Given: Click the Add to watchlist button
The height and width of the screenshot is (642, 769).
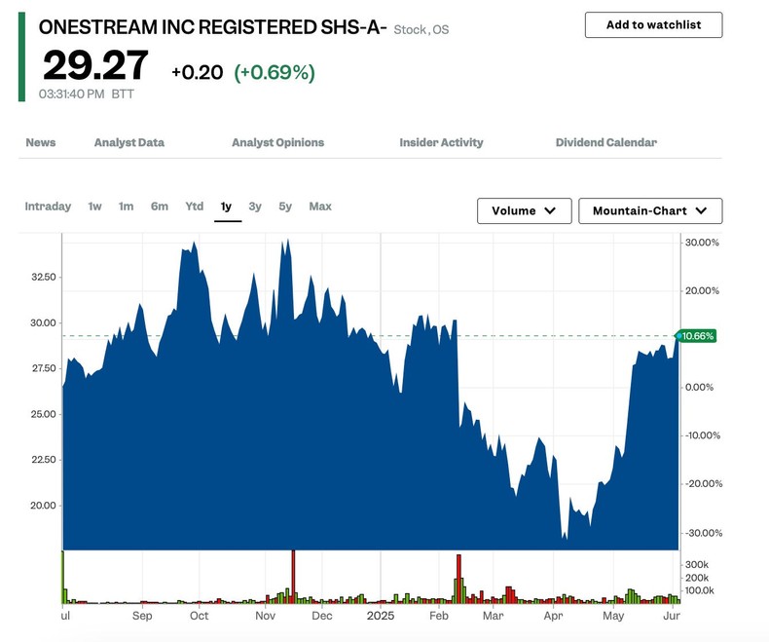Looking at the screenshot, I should coord(653,24).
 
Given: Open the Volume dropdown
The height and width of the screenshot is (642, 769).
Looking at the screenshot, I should coord(524,210).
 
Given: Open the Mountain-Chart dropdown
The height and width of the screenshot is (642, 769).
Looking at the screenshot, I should coord(650,210).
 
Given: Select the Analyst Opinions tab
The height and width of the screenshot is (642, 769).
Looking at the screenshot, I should coord(277,142).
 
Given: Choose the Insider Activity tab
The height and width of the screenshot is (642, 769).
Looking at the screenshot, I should coord(441,142).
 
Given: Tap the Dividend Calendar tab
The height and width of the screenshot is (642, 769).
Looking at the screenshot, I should coord(605,142).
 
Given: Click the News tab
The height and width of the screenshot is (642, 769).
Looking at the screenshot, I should coord(41,142).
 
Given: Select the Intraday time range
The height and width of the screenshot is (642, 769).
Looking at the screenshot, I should coord(48,207).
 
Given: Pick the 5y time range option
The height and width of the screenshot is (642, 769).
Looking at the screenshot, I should coord(285,207).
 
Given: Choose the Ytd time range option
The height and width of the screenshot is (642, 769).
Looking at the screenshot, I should coord(195,207).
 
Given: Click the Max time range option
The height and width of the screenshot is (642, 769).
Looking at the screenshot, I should coord(320,207).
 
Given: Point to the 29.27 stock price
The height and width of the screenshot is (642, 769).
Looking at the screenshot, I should coord(95,66).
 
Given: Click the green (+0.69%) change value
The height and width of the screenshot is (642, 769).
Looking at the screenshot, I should coord(275,73).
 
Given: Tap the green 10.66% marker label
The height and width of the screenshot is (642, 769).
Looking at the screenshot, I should coord(697,336).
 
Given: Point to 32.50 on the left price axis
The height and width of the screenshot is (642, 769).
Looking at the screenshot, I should coord(42,277).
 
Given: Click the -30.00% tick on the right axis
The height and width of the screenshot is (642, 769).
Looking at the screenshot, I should coord(702,533).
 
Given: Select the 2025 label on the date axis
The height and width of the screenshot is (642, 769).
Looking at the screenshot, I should coord(381,617).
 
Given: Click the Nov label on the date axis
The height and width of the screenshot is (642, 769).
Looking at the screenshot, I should coord(266,617).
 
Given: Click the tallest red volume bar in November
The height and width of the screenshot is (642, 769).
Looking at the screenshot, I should coord(293,577).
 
